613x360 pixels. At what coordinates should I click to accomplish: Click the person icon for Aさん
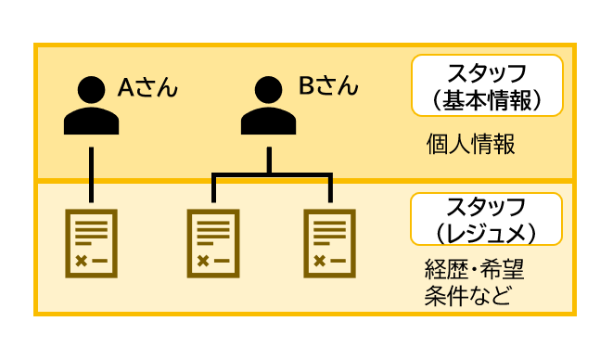pos(92,109)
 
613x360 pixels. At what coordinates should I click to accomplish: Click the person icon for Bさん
pos(269,109)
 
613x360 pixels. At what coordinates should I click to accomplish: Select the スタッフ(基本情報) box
pos(487,85)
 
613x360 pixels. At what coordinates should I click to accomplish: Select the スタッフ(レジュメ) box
pos(487,220)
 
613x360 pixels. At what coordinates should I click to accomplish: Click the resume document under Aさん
pos(92,243)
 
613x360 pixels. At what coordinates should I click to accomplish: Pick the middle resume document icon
pos(213,243)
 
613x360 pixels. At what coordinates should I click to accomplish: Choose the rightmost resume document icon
pos(330,243)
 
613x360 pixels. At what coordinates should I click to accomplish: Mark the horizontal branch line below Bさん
pos(271,174)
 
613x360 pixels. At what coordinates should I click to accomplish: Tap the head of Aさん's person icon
pos(92,91)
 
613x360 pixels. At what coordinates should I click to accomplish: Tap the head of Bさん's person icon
pos(269,91)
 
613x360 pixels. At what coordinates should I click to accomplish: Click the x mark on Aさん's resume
pos(81,261)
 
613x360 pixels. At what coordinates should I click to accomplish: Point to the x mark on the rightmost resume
pos(319,261)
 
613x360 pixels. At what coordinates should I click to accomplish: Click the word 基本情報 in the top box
pos(492,99)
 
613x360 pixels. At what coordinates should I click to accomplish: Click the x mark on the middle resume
pos(202,261)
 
